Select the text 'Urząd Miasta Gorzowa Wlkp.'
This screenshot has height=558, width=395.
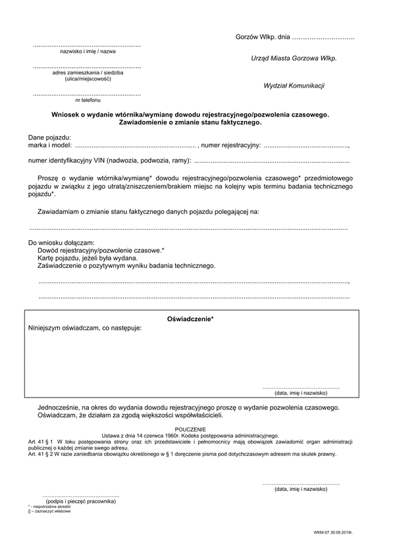tap(294, 58)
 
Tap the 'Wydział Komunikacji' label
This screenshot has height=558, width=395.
tap(294, 86)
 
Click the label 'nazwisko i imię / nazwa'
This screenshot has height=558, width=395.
tap(88, 51)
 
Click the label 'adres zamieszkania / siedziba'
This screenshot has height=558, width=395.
tap(88, 73)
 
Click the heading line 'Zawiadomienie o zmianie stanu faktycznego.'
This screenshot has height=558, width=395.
tap(190, 122)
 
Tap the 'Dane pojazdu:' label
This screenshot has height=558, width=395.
tap(49, 136)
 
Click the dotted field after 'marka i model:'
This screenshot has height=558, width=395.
tap(135, 145)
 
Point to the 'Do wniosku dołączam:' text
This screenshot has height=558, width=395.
tap(61, 243)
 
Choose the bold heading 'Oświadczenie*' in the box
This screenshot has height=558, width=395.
tap(190, 318)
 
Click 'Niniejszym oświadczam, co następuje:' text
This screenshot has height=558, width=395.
tap(85, 328)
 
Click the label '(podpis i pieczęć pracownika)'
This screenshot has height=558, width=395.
tap(81, 501)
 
